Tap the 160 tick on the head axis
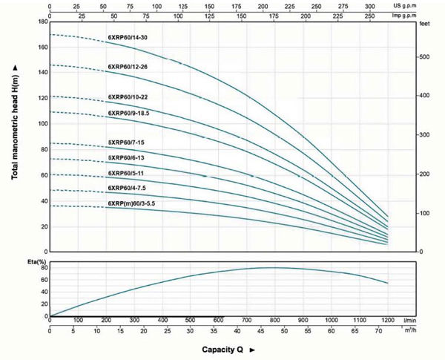pos(42,48)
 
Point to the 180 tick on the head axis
pos(42,22)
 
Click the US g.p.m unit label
pos(425,4)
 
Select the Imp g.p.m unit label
pos(425,15)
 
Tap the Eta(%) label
pos(27,261)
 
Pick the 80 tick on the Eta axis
pos(43,268)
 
